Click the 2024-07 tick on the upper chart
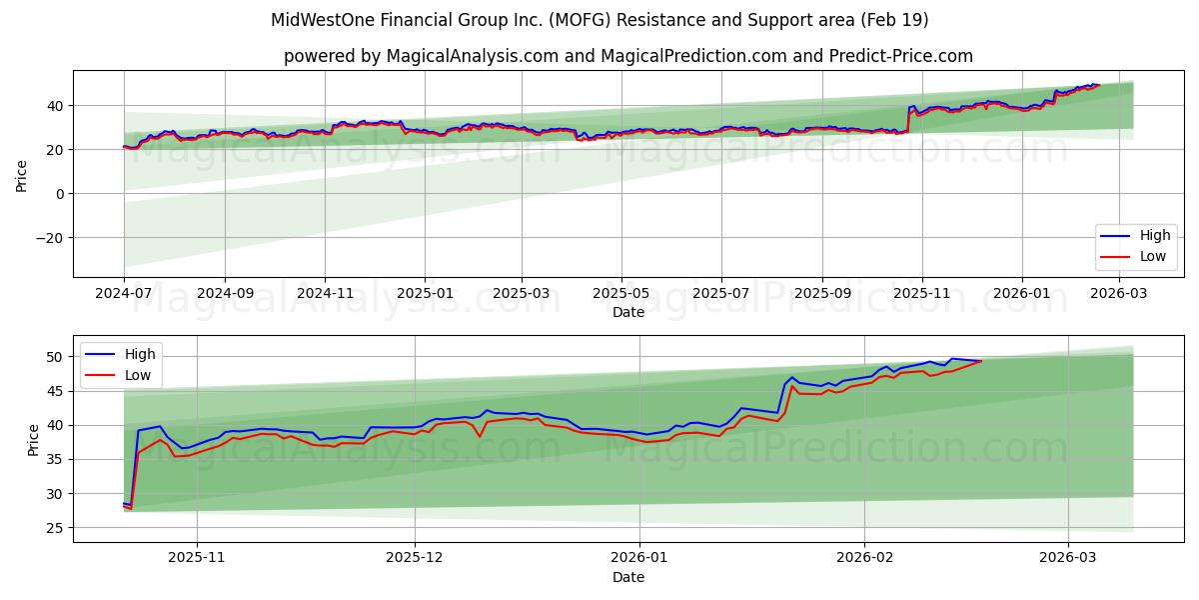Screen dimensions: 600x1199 (x=124, y=295)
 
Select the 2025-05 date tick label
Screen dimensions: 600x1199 (x=621, y=295)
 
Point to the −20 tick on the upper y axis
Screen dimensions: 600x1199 (x=49, y=238)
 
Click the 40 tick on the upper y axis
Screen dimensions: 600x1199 (x=56, y=106)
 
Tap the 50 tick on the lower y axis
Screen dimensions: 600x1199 (x=56, y=357)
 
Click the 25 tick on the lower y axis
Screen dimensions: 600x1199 (x=56, y=528)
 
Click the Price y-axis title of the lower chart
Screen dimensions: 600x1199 (x=33, y=439)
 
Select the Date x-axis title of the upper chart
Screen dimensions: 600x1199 (x=628, y=312)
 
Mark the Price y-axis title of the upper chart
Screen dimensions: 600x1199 (x=21, y=175)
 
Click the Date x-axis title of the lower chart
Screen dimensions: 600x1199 (x=628, y=577)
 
